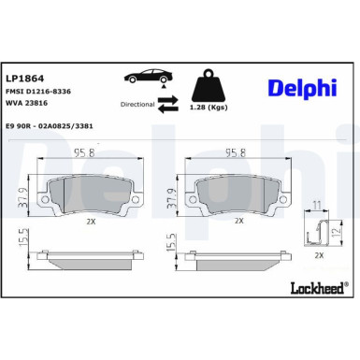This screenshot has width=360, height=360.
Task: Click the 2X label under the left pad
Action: point(91,221)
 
